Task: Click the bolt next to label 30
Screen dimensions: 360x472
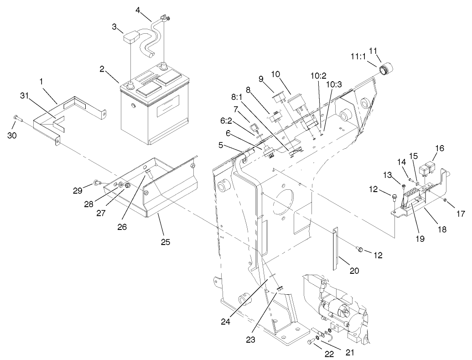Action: [16, 118]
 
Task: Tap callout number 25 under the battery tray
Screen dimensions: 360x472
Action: [166, 242]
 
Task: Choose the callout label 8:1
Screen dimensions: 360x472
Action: [238, 97]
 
